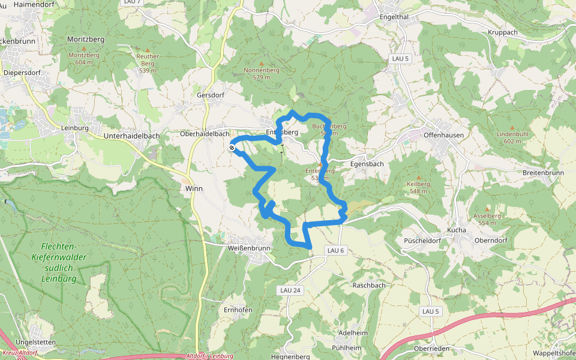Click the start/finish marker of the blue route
[232, 147]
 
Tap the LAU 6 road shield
[337, 250]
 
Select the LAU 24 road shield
[290, 290]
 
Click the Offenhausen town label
[443, 135]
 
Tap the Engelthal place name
[394, 17]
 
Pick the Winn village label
[194, 188]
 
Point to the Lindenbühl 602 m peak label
[512, 137]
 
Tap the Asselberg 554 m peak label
[487, 219]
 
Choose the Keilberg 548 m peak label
[419, 187]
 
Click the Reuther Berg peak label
[148, 63]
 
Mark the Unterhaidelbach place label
[131, 136]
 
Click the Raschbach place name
[369, 285]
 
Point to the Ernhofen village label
[238, 310]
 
